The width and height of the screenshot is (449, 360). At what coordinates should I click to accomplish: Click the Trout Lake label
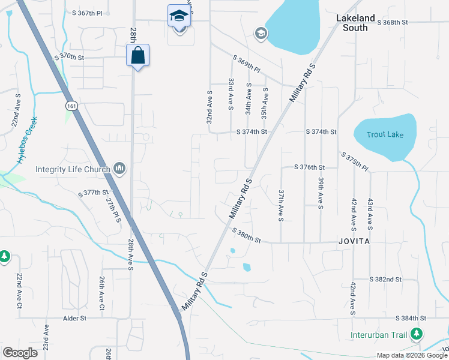[x=386, y=134]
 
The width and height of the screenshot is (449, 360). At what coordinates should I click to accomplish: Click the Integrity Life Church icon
[x=119, y=169]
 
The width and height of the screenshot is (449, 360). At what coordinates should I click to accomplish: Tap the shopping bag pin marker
[x=137, y=56]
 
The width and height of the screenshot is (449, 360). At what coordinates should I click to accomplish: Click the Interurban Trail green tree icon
[x=417, y=335]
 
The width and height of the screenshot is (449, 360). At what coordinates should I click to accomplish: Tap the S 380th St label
[x=246, y=235]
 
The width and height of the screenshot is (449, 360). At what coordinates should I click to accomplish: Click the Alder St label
[x=75, y=318]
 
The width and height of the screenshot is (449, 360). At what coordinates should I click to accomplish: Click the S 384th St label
[x=411, y=318]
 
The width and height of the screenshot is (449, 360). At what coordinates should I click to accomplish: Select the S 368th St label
[x=392, y=22]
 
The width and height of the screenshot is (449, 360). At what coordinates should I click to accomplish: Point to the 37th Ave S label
[x=280, y=205]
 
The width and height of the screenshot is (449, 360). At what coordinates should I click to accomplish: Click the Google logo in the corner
[x=20, y=353]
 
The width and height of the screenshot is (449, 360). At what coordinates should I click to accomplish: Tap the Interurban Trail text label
[x=379, y=335]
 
